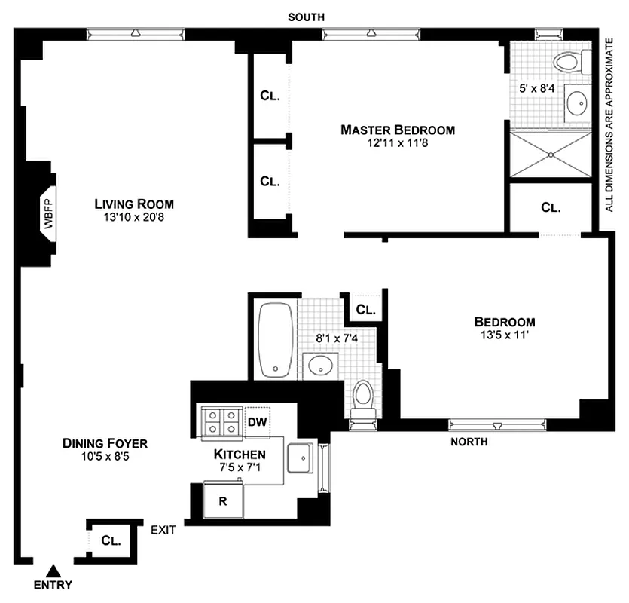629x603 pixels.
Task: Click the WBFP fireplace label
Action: [49, 213]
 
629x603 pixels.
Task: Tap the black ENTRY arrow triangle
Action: [53, 571]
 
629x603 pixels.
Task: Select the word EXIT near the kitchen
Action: [163, 530]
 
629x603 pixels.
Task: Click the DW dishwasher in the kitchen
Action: [257, 421]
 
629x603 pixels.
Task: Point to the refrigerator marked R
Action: [223, 501]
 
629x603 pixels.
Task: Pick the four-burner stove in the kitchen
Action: [220, 421]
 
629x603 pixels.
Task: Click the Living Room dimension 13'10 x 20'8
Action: [134, 217]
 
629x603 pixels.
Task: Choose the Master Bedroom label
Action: [398, 130]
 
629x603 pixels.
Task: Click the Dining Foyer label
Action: [105, 443]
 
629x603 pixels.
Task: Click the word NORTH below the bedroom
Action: [469, 442]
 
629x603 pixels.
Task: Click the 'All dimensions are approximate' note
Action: [609, 124]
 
